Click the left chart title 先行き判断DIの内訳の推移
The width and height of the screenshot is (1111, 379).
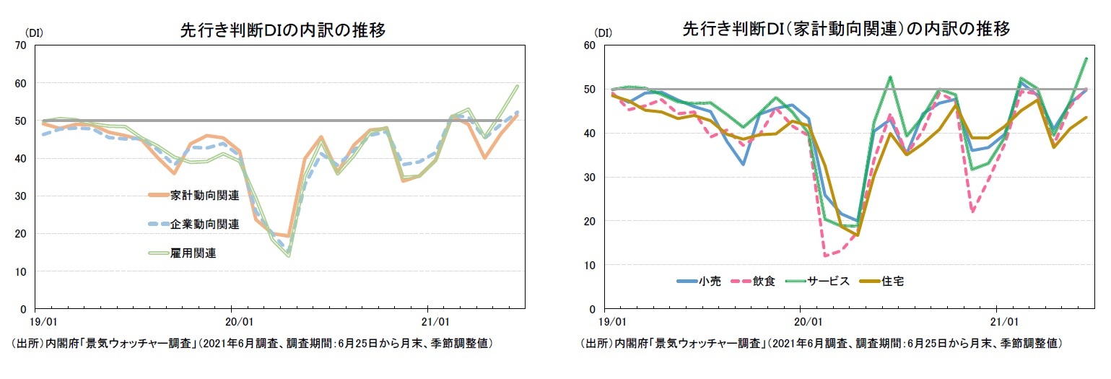282,30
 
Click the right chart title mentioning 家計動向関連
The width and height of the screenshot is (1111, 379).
845,29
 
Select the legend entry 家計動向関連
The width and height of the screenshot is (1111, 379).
204,196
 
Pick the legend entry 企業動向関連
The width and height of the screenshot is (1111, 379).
204,224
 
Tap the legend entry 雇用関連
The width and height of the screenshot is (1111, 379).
193,253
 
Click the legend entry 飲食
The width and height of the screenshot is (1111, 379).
764,281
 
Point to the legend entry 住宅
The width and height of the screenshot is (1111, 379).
892,281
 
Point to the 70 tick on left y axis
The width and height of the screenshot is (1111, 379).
19,45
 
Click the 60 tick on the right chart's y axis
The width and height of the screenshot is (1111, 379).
588,45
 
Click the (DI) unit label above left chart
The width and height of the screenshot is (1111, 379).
35,33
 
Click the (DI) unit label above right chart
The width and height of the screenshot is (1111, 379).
603,33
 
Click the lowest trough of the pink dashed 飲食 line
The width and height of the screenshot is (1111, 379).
824,256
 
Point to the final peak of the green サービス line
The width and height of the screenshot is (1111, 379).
1086,58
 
